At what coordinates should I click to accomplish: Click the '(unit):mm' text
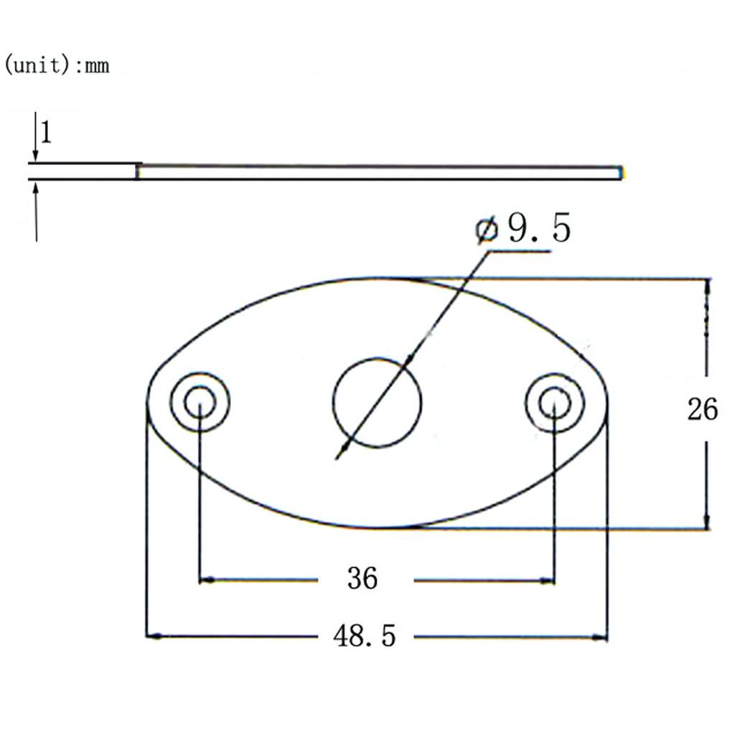57,65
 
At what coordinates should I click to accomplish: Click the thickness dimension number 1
45,133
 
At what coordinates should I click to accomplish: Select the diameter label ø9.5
523,229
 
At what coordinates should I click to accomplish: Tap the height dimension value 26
702,410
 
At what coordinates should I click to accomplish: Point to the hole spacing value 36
362,578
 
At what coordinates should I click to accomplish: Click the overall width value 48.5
364,636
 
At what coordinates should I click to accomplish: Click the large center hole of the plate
377,403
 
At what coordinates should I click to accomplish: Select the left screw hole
200,403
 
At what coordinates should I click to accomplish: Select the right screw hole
555,403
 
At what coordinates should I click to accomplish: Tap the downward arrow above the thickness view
35,154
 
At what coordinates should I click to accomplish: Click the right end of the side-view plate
620,172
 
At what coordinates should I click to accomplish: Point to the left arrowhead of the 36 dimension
205,579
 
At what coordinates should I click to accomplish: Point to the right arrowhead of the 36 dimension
549,579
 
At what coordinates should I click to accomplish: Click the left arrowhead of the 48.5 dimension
153,636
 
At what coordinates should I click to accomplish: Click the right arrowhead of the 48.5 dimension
601,636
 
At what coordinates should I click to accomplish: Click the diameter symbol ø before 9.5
487,230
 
